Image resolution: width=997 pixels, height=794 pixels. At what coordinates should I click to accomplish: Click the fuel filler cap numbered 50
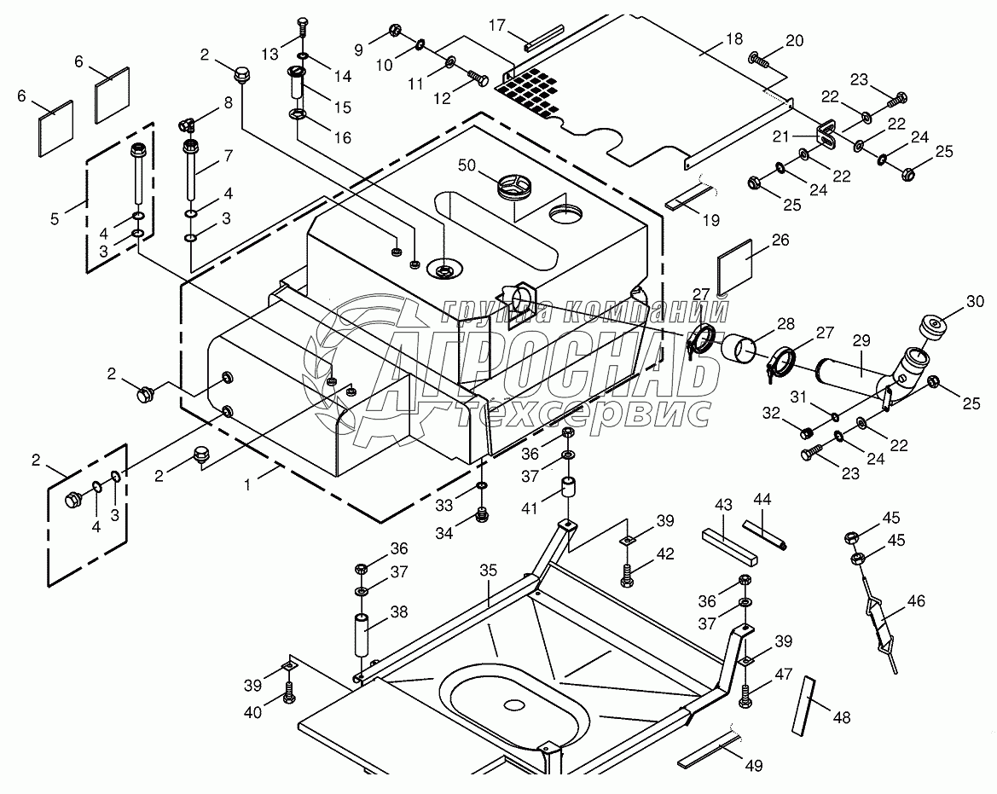[x=515, y=187]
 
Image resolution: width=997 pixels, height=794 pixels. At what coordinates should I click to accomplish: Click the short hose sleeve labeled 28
[x=740, y=349]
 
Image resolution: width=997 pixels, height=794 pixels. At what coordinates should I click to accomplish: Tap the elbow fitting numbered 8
[x=187, y=125]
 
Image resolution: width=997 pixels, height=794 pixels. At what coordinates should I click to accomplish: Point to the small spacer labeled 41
[x=569, y=493]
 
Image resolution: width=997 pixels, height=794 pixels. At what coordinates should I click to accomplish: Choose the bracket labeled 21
[x=826, y=134]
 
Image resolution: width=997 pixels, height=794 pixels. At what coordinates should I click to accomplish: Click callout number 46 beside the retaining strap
[x=915, y=601]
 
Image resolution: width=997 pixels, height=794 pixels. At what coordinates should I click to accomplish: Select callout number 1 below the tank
[x=246, y=484]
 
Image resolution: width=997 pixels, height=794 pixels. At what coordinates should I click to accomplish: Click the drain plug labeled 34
[x=484, y=513]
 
